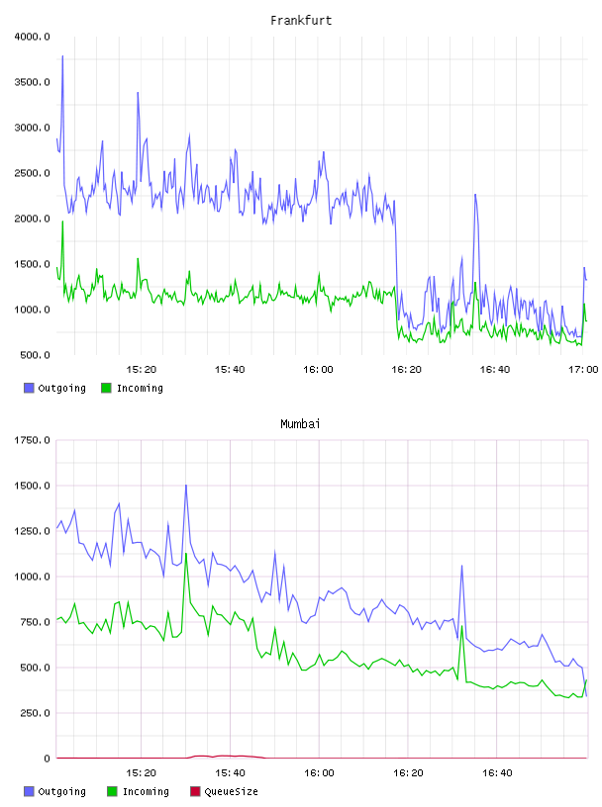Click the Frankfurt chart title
pyautogui.click(x=301, y=21)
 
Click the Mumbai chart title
pyautogui.click(x=300, y=424)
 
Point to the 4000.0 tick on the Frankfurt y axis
pyautogui.click(x=32, y=37)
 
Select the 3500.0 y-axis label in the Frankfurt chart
pyautogui.click(x=32, y=82)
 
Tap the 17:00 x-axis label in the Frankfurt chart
pyautogui.click(x=583, y=370)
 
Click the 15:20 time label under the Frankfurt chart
pyautogui.click(x=142, y=370)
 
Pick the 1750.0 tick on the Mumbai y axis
pyautogui.click(x=32, y=440)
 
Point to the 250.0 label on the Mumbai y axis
pyautogui.click(x=35, y=713)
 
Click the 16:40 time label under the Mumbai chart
pyautogui.click(x=497, y=773)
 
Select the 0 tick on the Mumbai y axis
pyautogui.click(x=47, y=759)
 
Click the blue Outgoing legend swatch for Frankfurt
pyautogui.click(x=29, y=388)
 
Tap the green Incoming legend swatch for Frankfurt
pyautogui.click(x=107, y=388)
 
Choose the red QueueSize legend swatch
pyautogui.click(x=195, y=791)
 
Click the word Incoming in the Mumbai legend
pyautogui.click(x=146, y=791)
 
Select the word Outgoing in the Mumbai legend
pyautogui.click(x=61, y=791)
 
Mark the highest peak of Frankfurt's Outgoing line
pyautogui.click(x=63, y=56)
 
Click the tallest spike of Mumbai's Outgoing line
pyautogui.click(x=186, y=485)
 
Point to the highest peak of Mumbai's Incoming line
pyautogui.click(x=186, y=554)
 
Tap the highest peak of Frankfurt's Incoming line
pyautogui.click(x=63, y=222)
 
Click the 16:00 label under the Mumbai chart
pyautogui.click(x=319, y=773)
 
